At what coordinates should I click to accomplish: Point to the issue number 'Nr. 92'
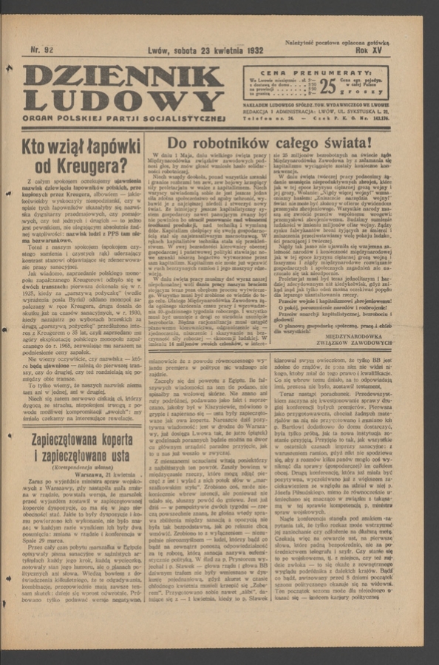(x=44, y=51)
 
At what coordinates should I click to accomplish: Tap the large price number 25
(x=327, y=86)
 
